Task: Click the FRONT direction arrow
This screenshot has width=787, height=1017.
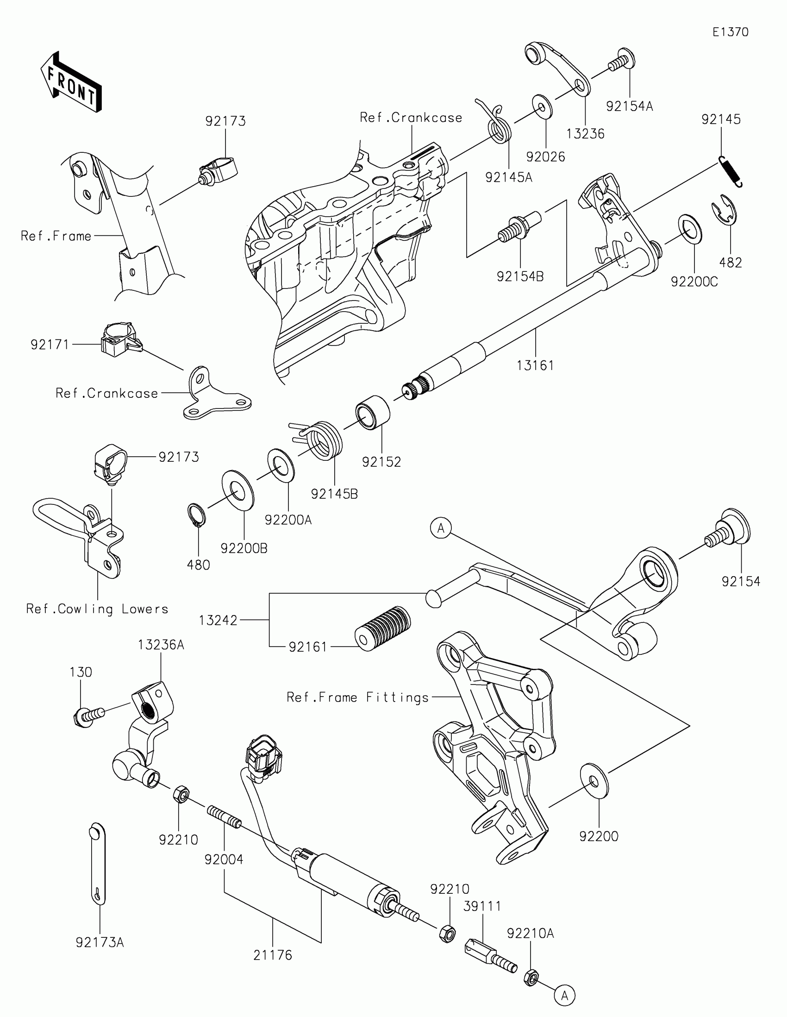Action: pos(71,82)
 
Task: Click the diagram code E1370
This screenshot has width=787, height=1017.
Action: pos(731,32)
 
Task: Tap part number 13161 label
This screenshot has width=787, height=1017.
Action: pos(536,365)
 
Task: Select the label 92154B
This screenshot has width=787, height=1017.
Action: pos(520,276)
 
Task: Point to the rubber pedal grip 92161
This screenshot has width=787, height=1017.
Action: pos(383,627)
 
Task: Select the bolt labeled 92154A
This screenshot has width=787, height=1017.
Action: pos(622,62)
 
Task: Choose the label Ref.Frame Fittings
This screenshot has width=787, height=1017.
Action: pos(357,697)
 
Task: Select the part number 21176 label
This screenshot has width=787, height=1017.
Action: pos(273,955)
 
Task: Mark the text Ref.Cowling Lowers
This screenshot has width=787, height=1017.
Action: pos(97,609)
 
